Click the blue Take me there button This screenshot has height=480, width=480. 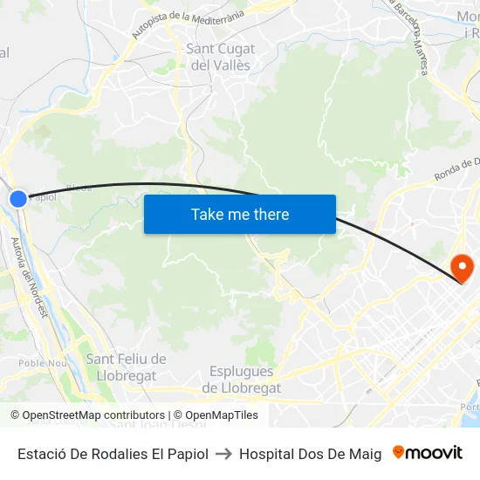240,215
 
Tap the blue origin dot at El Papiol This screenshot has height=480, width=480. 18,199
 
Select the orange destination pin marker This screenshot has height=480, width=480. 460,265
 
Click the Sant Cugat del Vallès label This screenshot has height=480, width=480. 219,57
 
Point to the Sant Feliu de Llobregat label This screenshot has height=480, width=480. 126,367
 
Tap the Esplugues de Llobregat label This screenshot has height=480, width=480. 242,380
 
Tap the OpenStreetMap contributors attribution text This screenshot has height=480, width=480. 87,415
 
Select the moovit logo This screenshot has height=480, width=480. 427,453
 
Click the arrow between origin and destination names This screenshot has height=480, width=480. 223,454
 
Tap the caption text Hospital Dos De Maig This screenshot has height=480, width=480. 310,454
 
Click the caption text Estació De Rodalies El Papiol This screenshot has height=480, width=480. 113,454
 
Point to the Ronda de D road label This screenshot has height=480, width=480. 456,169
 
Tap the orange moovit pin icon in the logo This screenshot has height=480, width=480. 399,452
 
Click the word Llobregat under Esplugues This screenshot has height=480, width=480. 242,388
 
